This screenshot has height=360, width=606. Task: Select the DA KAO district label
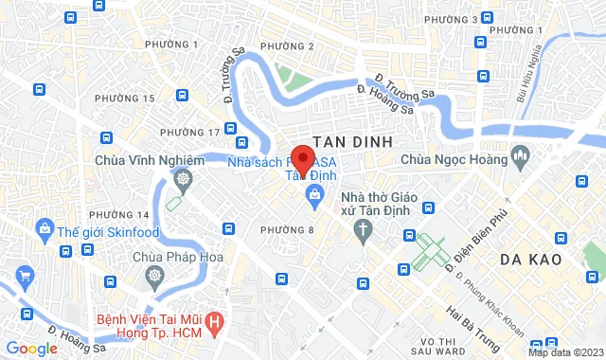531,259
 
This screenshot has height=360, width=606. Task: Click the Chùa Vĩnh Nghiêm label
150,160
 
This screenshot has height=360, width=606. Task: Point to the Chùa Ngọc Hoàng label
454,160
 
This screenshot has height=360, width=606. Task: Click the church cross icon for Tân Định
363,229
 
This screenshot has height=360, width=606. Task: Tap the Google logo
30,349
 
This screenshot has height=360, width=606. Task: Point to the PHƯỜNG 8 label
287,229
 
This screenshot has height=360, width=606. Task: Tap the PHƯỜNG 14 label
129,215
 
